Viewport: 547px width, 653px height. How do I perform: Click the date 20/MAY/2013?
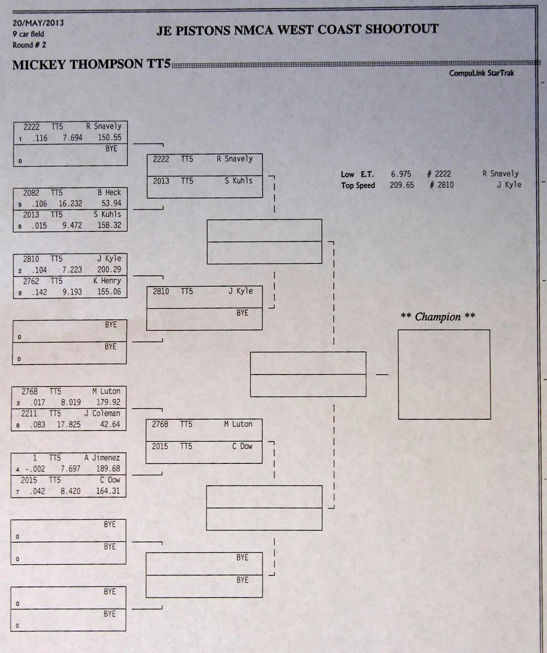coord(38,23)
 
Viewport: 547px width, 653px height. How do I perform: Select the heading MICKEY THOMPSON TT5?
coord(91,64)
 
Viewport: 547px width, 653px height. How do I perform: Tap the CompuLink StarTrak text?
coord(481,73)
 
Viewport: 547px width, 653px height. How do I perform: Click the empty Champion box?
coord(444,374)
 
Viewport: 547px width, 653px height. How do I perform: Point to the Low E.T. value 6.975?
coord(401,174)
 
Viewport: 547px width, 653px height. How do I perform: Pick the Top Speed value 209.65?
coord(402,185)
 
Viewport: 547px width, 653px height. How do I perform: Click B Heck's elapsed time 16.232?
coord(70,204)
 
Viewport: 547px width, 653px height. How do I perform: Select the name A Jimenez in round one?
coord(102,458)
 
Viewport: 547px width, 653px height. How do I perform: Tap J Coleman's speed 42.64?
coord(110,424)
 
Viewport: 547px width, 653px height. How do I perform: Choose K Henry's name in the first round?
coord(107,281)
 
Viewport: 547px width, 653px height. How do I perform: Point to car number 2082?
coord(31,193)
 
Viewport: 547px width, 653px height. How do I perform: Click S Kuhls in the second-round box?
coord(238,181)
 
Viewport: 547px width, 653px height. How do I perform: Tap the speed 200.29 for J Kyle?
coord(109,269)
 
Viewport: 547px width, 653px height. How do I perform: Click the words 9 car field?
coord(28,34)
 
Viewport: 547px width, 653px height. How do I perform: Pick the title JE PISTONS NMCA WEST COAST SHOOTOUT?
coord(297,30)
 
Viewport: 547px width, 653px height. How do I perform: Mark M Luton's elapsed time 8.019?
coord(71,402)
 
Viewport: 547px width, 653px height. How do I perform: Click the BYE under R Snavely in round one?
coord(111,149)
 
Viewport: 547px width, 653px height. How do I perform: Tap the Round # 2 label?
coord(29,45)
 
